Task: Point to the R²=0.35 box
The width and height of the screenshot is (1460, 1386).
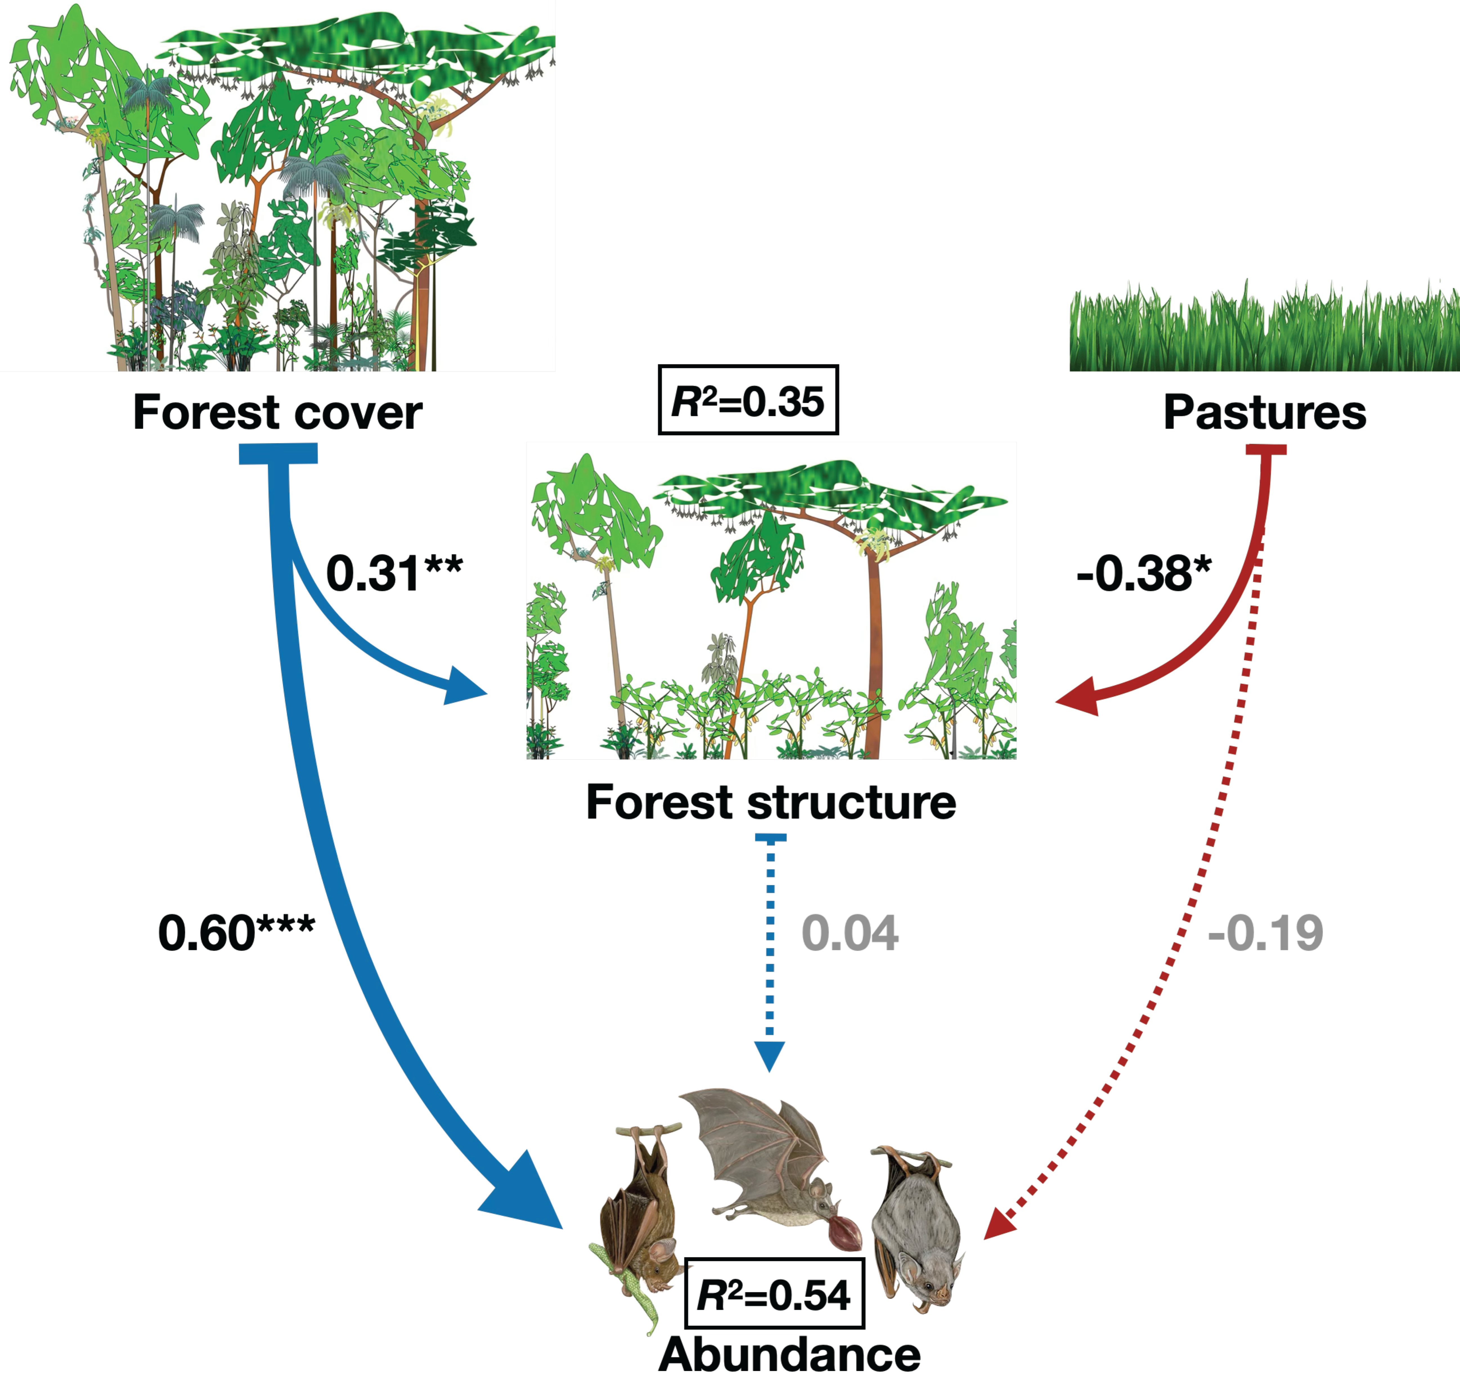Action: click(x=747, y=401)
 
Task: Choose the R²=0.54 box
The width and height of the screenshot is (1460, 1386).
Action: click(x=774, y=1295)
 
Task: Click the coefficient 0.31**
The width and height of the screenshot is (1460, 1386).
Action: click(x=394, y=573)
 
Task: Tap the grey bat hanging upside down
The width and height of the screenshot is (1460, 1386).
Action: click(x=916, y=1226)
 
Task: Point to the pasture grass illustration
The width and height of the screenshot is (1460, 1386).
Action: click(x=1264, y=329)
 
